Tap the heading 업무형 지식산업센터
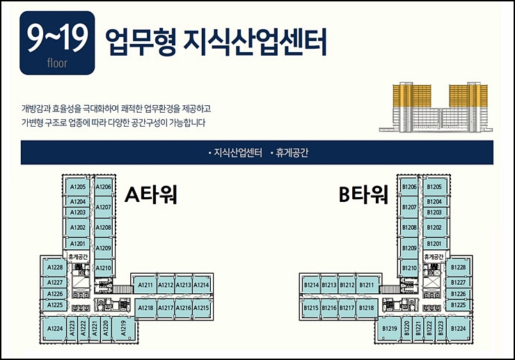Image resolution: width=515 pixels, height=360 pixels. pos(215,41)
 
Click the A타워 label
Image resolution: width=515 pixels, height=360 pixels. pos(151,194)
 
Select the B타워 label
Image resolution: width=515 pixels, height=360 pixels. pos(363,195)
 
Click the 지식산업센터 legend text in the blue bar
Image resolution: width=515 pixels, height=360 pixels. pos(235,152)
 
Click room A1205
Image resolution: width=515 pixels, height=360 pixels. pos(77,187)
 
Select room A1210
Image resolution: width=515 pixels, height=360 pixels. pos(103,268)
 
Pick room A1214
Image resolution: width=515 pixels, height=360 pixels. pos(201,285)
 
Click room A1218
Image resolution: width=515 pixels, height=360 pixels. pos(146,307)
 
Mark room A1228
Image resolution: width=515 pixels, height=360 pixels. pos(54,268)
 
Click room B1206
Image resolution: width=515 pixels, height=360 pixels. pos(409,187)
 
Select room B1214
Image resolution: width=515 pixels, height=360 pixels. pos(311,285)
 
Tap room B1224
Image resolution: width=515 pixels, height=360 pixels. pos(458,329)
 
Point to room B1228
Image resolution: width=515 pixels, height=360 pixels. pos(458,268)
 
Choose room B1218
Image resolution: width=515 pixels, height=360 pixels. pos(367,307)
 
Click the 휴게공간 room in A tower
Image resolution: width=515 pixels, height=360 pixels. pos(77,256)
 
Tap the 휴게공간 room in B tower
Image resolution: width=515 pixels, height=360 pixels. pos(435,256)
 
